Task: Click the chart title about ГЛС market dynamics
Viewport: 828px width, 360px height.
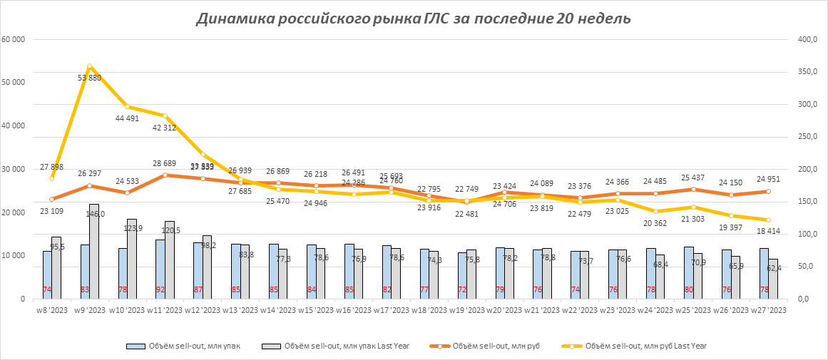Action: click(413, 19)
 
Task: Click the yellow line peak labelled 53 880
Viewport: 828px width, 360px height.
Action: click(89, 66)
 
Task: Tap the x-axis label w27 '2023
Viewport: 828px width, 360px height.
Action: click(768, 310)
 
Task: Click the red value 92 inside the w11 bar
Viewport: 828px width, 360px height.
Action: click(160, 289)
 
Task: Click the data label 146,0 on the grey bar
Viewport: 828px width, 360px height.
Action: click(96, 213)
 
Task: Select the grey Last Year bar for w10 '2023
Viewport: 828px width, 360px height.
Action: click(132, 259)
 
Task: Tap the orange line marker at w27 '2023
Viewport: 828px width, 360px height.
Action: click(768, 191)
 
